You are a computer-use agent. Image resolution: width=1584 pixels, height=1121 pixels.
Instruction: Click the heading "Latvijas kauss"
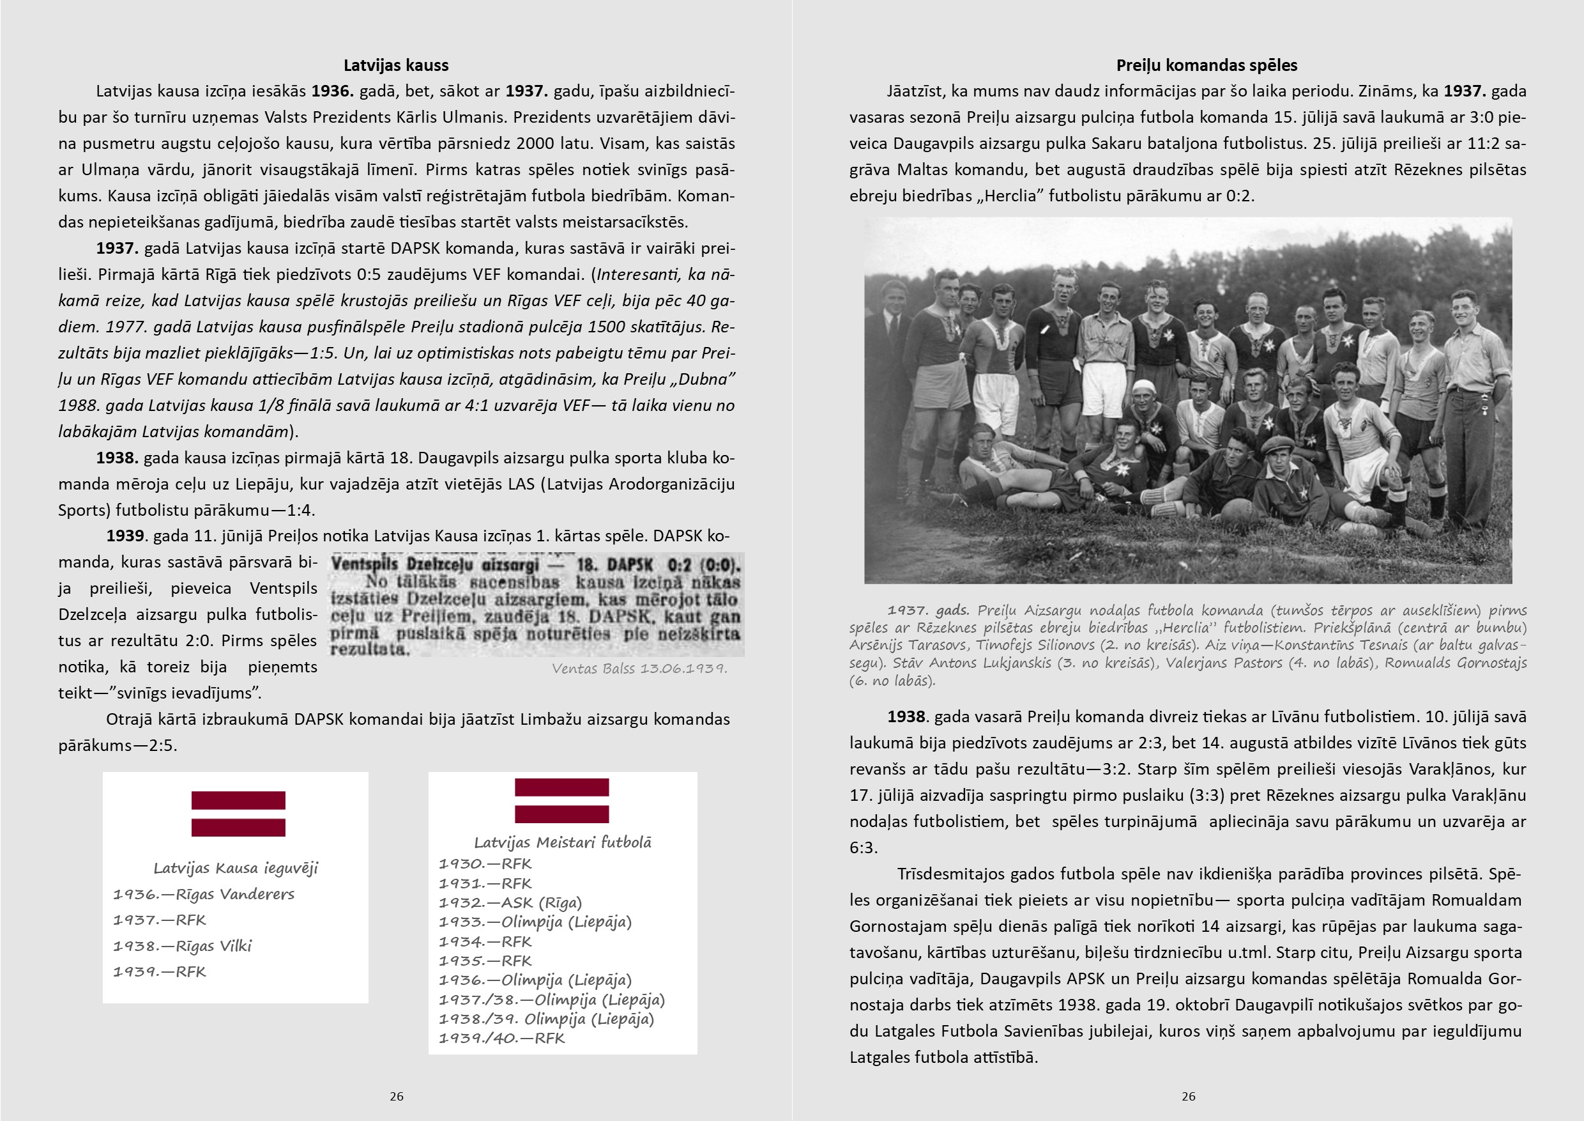[x=396, y=66]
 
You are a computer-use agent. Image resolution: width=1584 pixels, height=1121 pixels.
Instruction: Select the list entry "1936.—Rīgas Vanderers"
[x=204, y=895]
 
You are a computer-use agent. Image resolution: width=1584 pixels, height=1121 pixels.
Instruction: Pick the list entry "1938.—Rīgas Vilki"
[x=182, y=947]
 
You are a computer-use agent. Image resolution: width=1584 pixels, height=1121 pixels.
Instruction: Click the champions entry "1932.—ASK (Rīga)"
[x=510, y=903]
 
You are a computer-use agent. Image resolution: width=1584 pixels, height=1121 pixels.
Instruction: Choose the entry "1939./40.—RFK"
[x=501, y=1038]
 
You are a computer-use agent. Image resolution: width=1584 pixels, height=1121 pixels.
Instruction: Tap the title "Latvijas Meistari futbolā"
[x=562, y=842]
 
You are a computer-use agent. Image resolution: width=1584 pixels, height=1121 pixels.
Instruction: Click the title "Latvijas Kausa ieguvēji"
[x=235, y=869]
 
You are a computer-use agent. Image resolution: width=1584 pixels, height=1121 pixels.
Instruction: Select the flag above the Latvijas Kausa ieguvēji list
[x=238, y=814]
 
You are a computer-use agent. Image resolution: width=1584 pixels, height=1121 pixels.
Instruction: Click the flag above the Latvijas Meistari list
[x=561, y=801]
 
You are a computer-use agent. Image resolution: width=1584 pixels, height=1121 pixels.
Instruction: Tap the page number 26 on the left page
[x=396, y=1096]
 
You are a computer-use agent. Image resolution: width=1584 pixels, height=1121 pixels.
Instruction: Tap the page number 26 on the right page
[x=1188, y=1096]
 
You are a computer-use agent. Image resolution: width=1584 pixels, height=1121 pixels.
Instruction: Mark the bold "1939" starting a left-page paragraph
[x=125, y=536]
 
